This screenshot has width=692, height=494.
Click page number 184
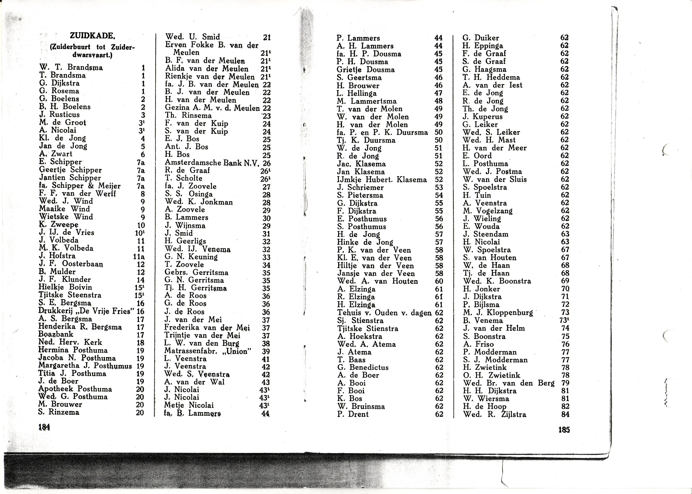pos(44,427)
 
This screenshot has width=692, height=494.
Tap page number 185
pos(564,430)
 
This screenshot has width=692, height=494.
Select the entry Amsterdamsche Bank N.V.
pos(212,163)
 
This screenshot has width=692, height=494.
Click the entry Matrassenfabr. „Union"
pos(208,351)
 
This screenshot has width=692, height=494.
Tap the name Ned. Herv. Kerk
pos(70,342)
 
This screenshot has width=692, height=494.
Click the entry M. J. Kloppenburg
pos(498,312)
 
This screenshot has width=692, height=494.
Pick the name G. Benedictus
pos(363,368)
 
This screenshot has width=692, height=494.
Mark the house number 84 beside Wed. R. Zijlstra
pos(565,414)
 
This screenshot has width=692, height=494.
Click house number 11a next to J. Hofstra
pos(139,257)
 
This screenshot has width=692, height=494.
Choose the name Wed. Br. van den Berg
pos(509,383)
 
